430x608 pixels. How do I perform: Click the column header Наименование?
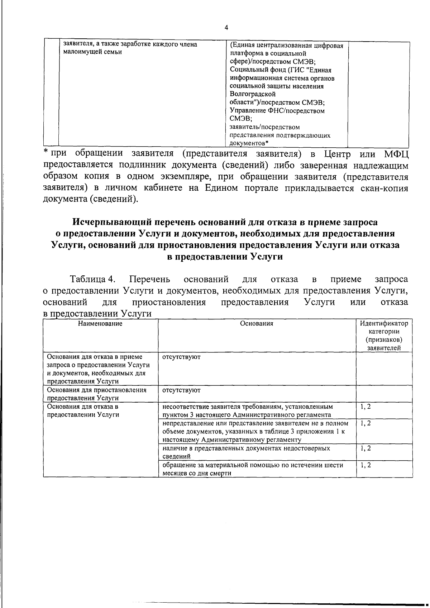(100, 323)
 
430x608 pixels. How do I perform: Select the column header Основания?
(257, 323)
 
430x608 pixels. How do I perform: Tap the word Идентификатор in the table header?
(384, 323)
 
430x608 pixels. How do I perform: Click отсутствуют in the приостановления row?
(181, 390)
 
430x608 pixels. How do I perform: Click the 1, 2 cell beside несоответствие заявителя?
(365, 407)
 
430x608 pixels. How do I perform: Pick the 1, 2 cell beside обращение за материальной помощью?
(365, 465)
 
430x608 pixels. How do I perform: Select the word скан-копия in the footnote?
(384, 188)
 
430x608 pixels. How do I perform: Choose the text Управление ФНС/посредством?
(277, 110)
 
